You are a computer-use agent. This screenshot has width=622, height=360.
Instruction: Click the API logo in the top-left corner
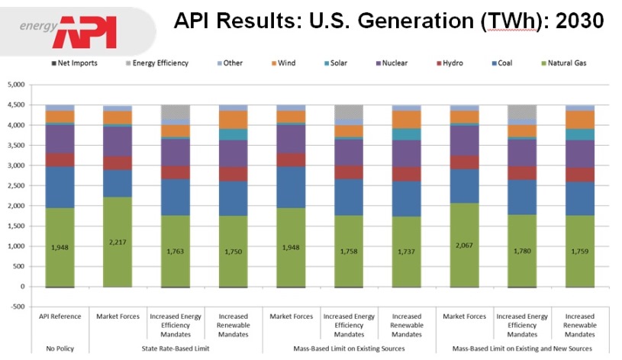click(86, 30)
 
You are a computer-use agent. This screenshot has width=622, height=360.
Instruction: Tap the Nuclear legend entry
click(430, 63)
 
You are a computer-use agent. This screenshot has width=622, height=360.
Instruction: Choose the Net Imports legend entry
click(73, 63)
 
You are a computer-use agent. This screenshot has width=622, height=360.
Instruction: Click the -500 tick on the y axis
click(17, 307)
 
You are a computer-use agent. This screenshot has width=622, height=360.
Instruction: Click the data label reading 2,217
click(118, 242)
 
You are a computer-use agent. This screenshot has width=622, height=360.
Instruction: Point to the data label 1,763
click(176, 251)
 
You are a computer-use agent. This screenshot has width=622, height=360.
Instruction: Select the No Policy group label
click(60, 349)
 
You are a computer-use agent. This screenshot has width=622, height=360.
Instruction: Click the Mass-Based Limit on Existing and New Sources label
click(522, 349)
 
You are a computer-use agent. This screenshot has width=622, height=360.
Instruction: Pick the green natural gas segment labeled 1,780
click(522, 250)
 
